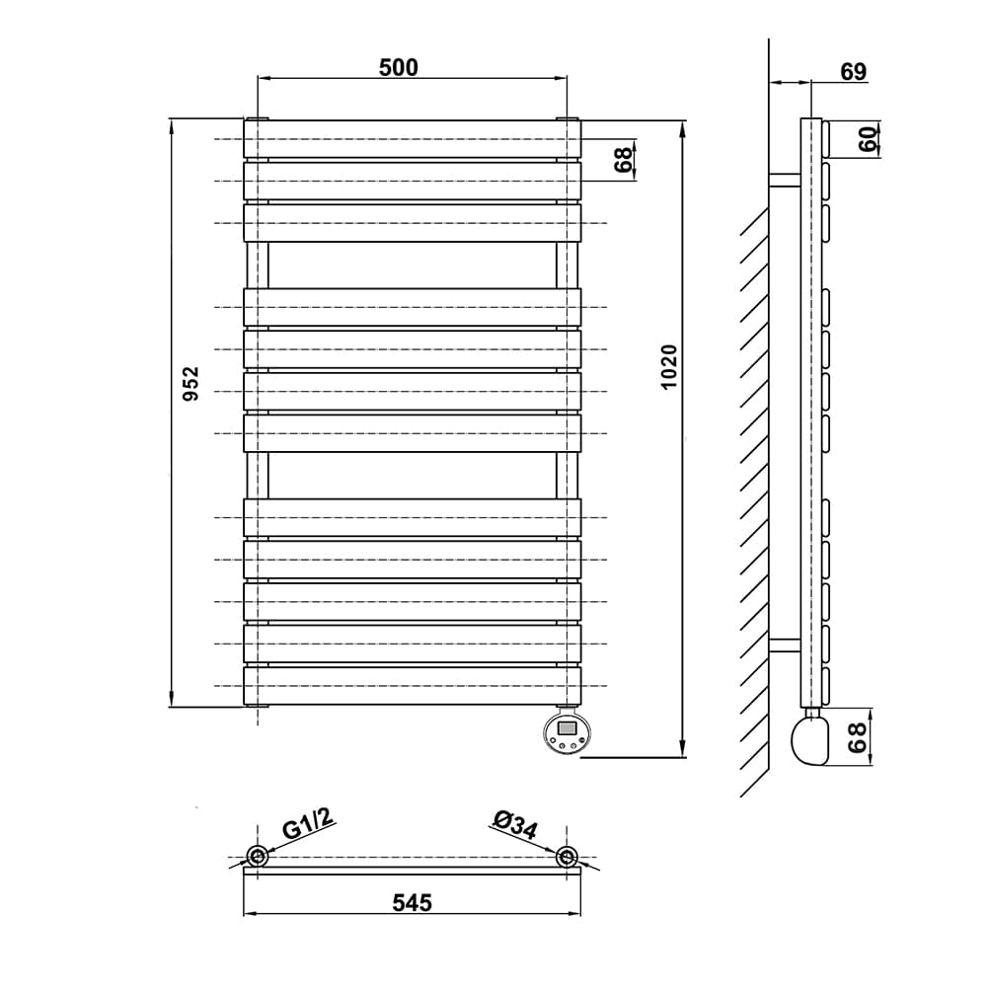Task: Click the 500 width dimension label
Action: tap(398, 67)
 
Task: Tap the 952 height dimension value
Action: tap(190, 383)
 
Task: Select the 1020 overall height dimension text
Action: tap(669, 367)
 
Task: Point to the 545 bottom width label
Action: tap(413, 903)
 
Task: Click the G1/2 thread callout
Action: tap(307, 823)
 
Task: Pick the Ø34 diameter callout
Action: tap(515, 824)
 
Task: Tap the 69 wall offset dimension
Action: tap(854, 72)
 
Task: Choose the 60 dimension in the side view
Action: tap(868, 139)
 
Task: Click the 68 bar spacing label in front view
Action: tap(623, 160)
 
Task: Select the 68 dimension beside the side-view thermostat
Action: tap(858, 737)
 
